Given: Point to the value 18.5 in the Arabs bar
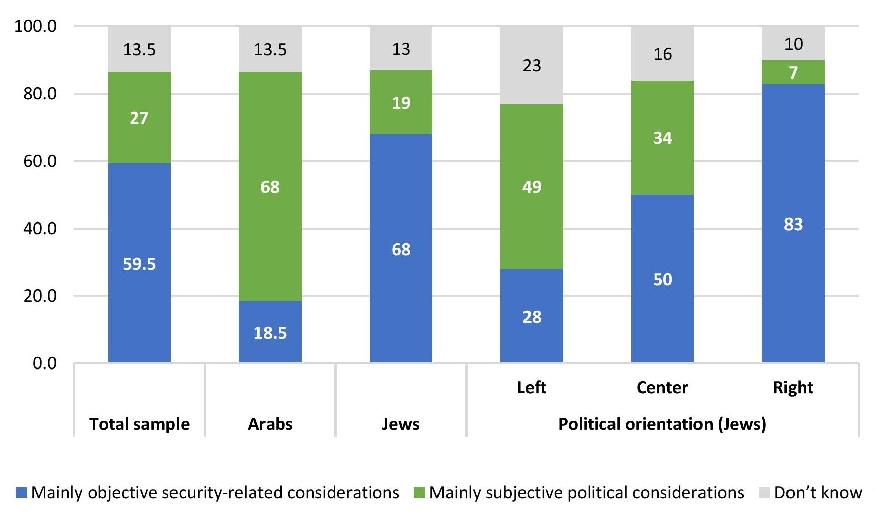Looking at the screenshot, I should (x=270, y=333).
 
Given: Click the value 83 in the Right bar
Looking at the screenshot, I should (x=793, y=224).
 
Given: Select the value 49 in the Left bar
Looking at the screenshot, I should (x=532, y=187).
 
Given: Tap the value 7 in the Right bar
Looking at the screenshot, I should (x=793, y=72).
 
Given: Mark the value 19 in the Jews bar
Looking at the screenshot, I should (x=401, y=103).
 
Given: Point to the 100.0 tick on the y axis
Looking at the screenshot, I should (x=35, y=26).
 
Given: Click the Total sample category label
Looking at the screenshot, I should (x=139, y=424).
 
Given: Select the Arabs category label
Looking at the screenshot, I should (x=270, y=424).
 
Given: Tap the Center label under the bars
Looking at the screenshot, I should (x=662, y=387).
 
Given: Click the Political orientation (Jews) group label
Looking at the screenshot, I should (x=662, y=424).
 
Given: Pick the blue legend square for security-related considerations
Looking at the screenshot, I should (x=21, y=493).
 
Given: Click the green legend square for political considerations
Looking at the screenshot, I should (x=419, y=493).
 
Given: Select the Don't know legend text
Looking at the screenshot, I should (x=818, y=492).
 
